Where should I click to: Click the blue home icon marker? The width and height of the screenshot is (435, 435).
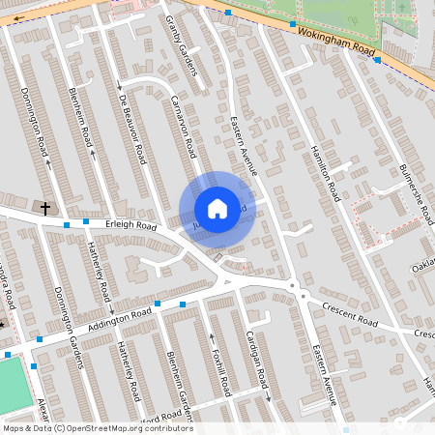(217, 209)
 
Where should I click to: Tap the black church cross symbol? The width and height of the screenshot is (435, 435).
(45, 208)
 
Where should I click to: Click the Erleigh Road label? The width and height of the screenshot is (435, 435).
(131, 224)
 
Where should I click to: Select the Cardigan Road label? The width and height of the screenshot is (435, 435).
(254, 354)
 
